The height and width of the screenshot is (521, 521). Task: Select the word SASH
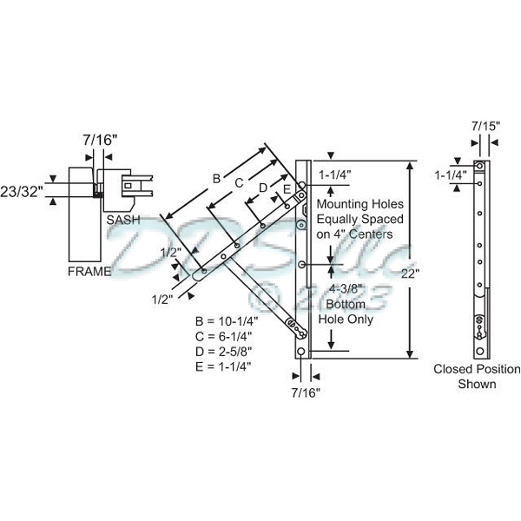tap(123, 221)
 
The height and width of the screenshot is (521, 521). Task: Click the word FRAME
tap(89, 271)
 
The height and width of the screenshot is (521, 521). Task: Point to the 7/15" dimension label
tap(485, 126)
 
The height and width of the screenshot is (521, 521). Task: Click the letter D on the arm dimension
tap(262, 188)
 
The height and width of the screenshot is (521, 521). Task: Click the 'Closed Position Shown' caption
tap(477, 376)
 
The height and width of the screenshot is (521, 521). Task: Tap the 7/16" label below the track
tap(306, 392)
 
